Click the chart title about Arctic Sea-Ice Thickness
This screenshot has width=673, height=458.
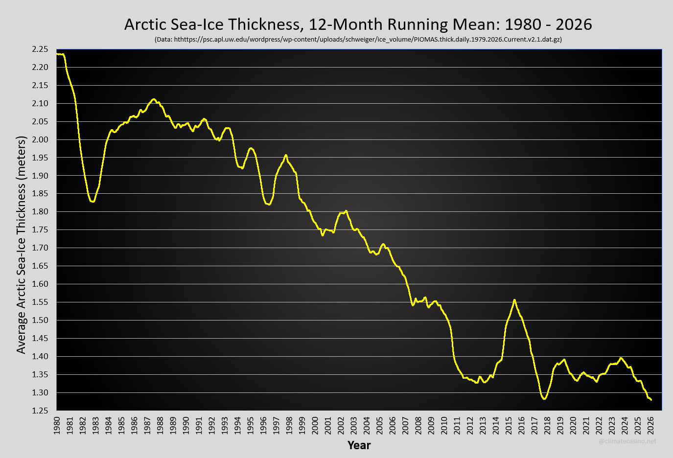358,24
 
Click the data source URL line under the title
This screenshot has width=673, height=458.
358,39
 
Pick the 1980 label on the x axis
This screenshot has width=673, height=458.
57,425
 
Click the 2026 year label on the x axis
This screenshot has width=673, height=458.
650,425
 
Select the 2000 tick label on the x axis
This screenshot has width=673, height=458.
315,425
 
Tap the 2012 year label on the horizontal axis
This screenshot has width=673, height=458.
470,425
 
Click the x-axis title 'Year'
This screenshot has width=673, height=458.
359,445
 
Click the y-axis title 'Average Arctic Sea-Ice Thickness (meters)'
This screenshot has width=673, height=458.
21,245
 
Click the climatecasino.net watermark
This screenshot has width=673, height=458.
627,441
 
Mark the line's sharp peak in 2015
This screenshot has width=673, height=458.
514,300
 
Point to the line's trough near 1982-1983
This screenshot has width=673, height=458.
93,202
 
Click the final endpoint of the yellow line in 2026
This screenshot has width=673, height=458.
651,400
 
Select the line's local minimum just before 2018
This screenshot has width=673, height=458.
544,399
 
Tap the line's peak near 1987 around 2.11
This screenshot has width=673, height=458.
153,99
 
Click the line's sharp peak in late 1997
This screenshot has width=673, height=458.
286,155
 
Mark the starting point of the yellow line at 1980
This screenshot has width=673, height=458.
57,54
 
